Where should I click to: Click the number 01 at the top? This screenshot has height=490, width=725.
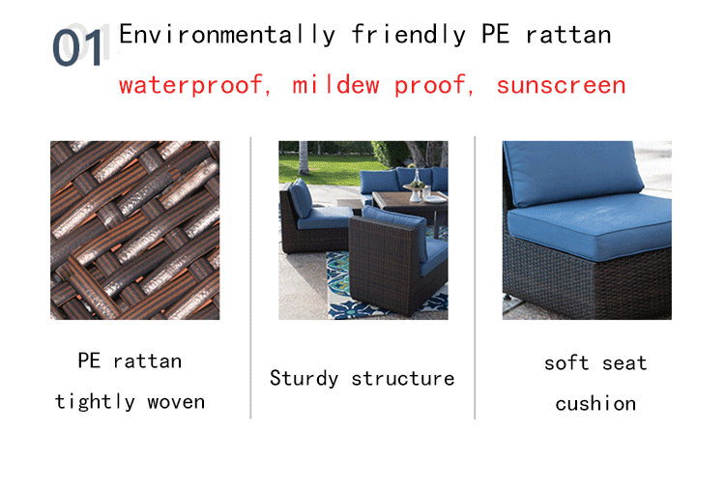pyautogui.click(x=76, y=47)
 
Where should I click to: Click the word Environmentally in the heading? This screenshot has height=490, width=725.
pyautogui.click(x=226, y=36)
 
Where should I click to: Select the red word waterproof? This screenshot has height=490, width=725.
pyautogui.click(x=190, y=85)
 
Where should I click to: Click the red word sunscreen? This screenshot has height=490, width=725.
pyautogui.click(x=561, y=85)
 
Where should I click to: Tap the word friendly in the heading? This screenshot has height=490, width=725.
pyautogui.click(x=407, y=36)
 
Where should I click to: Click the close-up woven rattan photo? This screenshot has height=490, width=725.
pyautogui.click(x=134, y=230)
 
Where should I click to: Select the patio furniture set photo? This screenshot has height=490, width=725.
pyautogui.click(x=362, y=230)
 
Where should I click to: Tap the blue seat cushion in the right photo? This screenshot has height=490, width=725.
pyautogui.click(x=592, y=233)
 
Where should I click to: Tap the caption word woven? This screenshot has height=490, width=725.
pyautogui.click(x=176, y=401)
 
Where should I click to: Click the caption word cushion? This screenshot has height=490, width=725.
pyautogui.click(x=595, y=404)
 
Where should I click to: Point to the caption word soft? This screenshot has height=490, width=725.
pyautogui.click(x=566, y=363)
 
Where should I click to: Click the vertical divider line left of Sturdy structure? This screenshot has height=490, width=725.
pyautogui.click(x=250, y=280)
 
